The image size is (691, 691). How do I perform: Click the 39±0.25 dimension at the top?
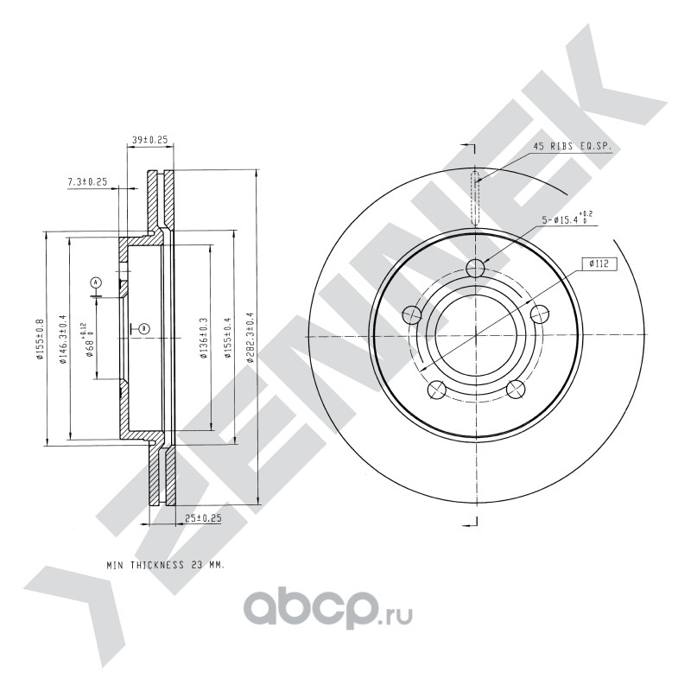point(150,139)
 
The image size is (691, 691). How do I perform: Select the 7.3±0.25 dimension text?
point(87,181)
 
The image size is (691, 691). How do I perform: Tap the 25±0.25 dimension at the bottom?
point(203,518)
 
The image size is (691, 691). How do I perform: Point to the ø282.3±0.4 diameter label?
point(250,337)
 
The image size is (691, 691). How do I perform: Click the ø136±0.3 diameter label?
point(204,338)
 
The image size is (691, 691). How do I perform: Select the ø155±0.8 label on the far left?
point(40,339)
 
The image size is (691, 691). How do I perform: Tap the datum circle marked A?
point(96,282)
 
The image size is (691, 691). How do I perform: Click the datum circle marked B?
point(144,328)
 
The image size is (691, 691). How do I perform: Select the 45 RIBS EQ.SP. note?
point(573,147)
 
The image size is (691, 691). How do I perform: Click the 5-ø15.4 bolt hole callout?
point(567,218)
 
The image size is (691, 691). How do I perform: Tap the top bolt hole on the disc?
point(475,267)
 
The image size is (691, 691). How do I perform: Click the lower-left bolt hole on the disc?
point(437,390)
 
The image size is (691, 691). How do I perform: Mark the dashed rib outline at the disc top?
point(475,198)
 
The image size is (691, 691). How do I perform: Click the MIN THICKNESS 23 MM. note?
point(166,565)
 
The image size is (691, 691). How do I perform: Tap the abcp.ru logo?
point(328,610)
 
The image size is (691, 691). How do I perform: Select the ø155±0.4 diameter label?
point(227,338)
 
